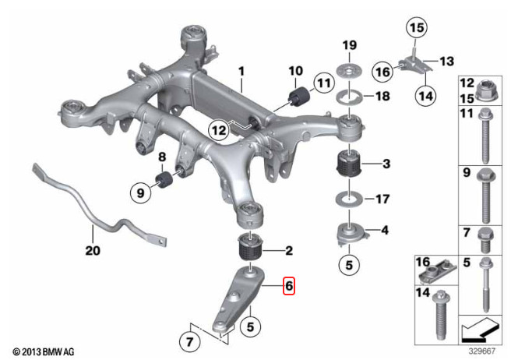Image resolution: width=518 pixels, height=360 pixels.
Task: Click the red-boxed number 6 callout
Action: pos(289,285)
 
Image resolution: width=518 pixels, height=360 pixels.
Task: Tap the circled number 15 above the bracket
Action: pos(417,27)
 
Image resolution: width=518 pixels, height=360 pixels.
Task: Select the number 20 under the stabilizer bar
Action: pos(93,250)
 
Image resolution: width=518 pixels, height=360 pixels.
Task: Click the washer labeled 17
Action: pos(349,199)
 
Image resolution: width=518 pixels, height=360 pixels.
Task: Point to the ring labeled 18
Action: pos(349,97)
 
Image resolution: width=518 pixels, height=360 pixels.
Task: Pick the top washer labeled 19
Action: pos(349,71)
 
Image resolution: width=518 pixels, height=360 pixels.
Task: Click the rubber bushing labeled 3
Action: pos(349,163)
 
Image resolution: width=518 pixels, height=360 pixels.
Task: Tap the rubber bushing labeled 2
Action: pos(250,248)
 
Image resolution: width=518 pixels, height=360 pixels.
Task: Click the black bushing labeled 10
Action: pos(300,97)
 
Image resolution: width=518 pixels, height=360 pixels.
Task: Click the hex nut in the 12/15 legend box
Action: pos(488,91)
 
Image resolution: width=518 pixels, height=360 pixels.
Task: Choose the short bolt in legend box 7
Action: pos(485,240)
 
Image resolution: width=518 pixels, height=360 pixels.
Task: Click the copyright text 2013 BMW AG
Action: pos(44,351)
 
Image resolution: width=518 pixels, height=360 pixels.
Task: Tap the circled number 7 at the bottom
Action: pos(189,341)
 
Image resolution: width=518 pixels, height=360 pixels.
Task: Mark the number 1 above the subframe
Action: pos(241,72)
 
